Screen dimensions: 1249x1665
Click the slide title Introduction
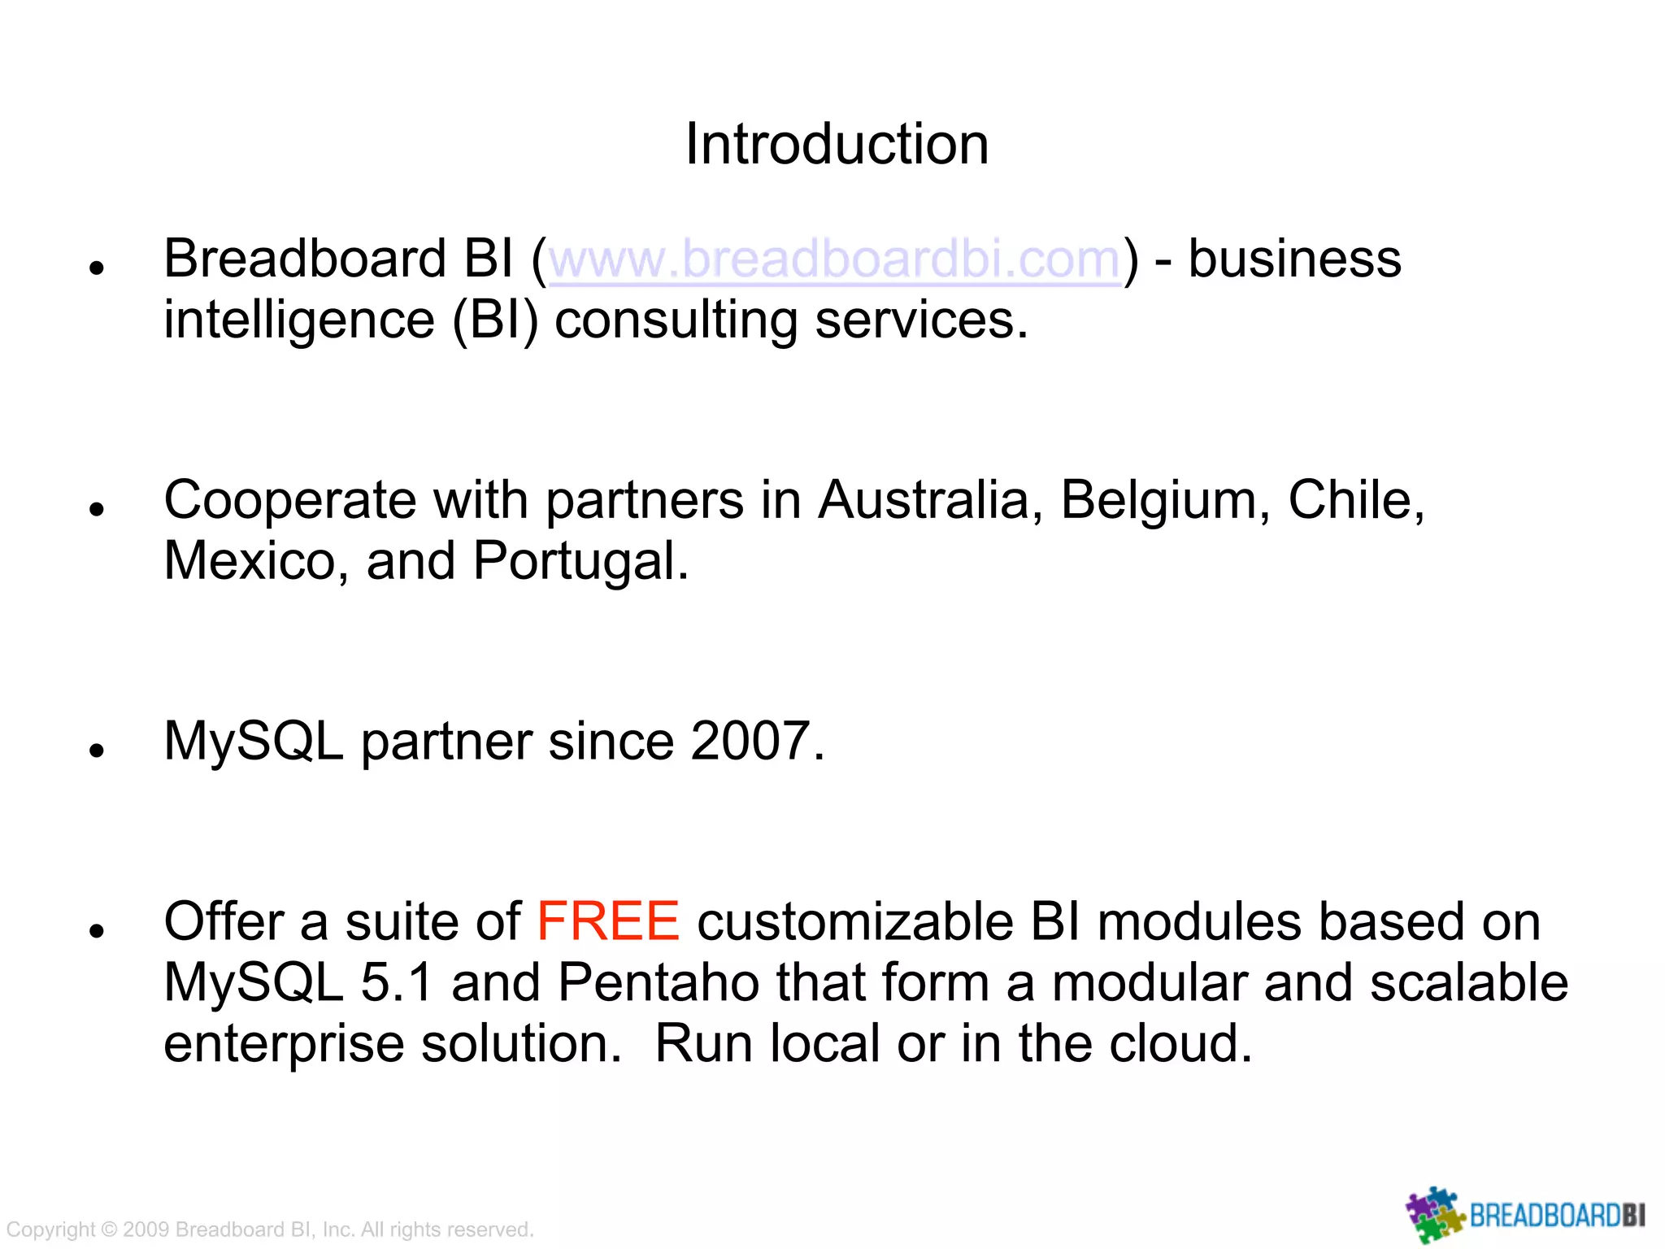pos(837,144)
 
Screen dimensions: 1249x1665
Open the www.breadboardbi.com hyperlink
pos(835,259)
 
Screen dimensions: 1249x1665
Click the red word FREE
pos(608,922)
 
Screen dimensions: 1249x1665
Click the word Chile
pos(1355,500)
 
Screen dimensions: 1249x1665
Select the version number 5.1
pos(397,983)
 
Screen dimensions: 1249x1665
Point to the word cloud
pos(1180,1044)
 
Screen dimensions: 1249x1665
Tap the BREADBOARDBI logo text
pos(1557,1216)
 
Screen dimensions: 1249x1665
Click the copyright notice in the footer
pos(270,1229)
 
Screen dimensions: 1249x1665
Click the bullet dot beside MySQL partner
pos(98,751)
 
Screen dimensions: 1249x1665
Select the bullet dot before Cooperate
pos(98,510)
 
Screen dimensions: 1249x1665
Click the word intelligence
pos(299,320)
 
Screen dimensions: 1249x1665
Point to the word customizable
pos(854,922)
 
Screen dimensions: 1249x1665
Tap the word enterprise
pos(284,1044)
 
